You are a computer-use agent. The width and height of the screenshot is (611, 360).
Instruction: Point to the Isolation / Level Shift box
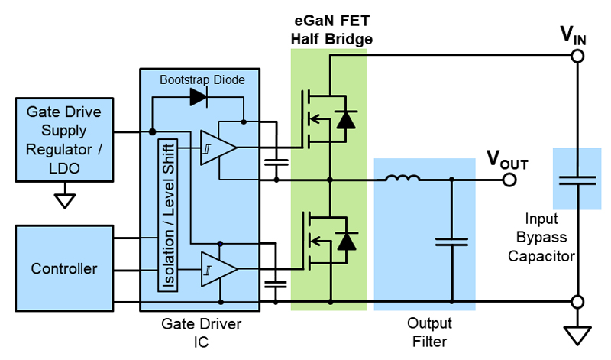click(166, 215)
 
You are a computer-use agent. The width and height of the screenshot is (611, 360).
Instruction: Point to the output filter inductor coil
click(402, 180)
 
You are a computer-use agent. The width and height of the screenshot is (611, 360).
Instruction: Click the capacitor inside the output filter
click(451, 242)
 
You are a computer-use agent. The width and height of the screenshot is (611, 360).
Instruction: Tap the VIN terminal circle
click(578, 57)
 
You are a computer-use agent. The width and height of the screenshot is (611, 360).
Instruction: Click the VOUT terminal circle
click(509, 180)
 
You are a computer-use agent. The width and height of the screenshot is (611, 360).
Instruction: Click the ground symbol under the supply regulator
click(66, 200)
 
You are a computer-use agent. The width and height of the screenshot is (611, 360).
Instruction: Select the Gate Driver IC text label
click(202, 332)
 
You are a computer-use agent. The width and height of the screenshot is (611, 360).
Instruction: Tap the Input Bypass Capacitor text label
click(542, 236)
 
